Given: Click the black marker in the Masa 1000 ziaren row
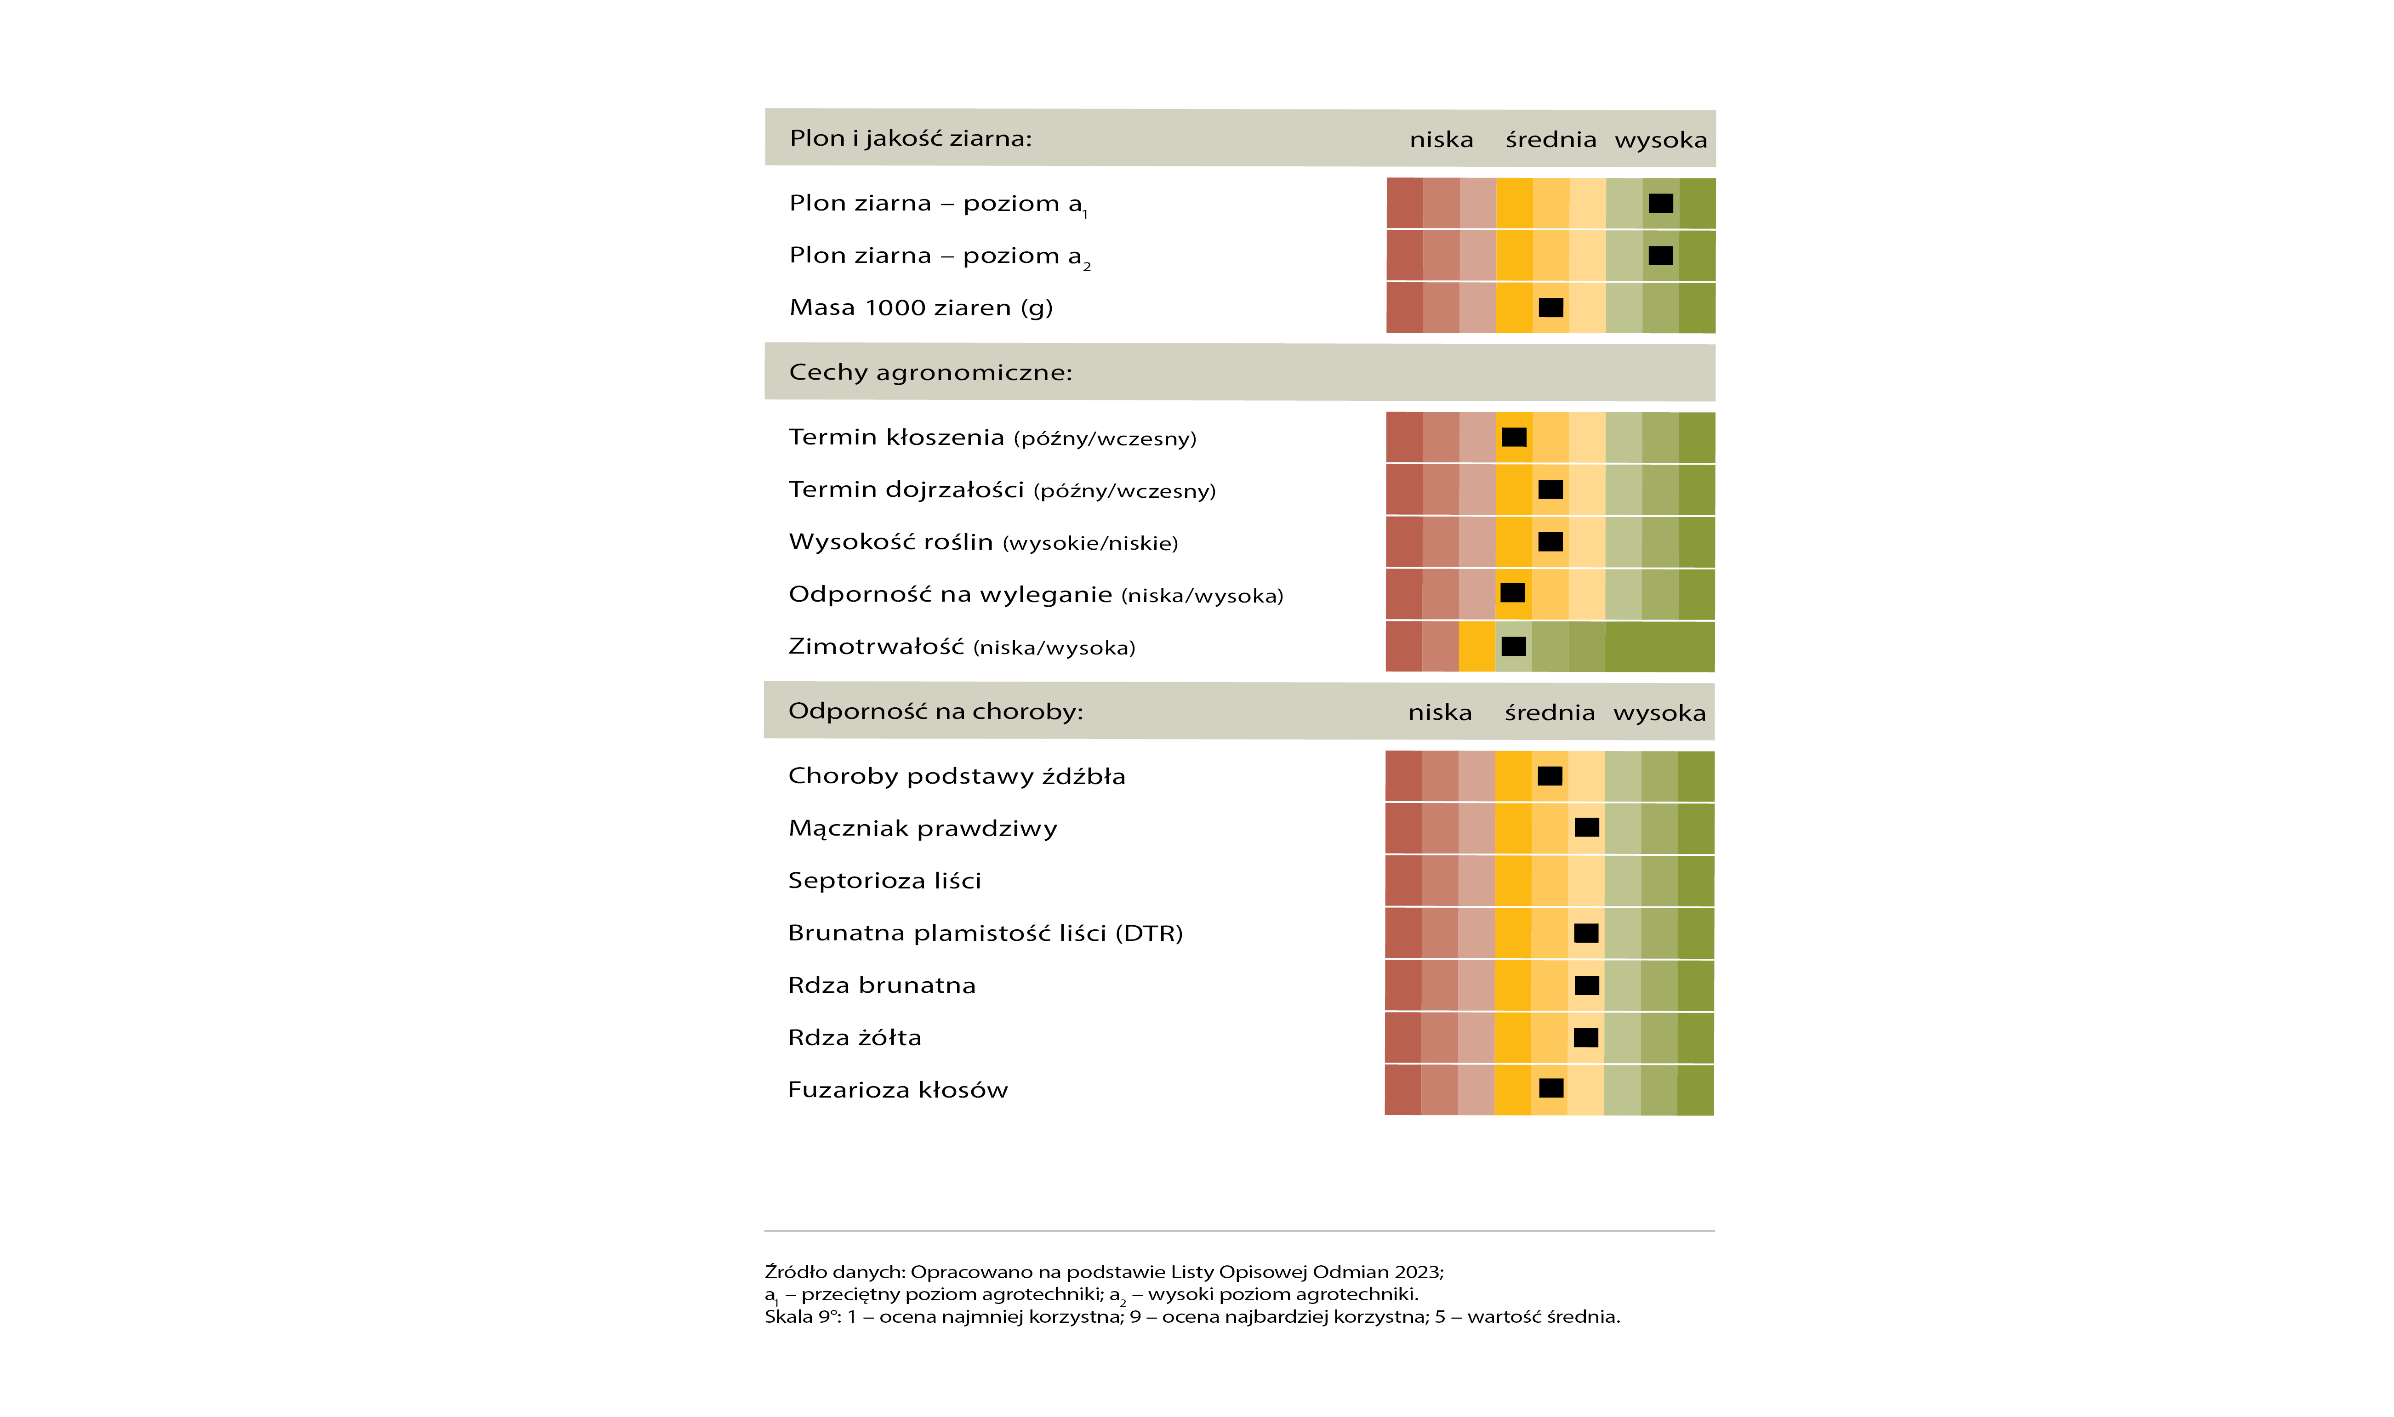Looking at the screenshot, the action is coord(1551,307).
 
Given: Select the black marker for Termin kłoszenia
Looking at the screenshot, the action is coord(1514,437).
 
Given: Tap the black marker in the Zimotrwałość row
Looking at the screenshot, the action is coord(1514,646).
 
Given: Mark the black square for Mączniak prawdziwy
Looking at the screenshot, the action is coord(1587,827).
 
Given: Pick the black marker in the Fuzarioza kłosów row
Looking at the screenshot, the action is coord(1551,1087).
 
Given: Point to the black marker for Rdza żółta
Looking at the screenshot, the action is coord(1586,1037).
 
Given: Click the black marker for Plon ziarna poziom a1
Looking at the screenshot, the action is coord(1661,204).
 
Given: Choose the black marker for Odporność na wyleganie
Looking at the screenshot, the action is coord(1513,593).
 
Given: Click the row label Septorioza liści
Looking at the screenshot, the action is coord(884,880).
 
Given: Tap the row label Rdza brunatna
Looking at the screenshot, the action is coord(881,985).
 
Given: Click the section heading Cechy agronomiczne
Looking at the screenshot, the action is coord(930,372).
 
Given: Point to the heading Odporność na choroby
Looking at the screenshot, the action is coord(936,711).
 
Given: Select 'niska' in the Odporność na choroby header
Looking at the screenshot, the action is coord(1440,712).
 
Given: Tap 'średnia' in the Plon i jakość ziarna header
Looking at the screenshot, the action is coord(1551,139).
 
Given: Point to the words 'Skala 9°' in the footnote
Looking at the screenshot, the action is coord(800,1317).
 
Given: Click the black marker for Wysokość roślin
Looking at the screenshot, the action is coord(1551,541).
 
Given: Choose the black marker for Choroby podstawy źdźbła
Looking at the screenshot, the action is coord(1550,775).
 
